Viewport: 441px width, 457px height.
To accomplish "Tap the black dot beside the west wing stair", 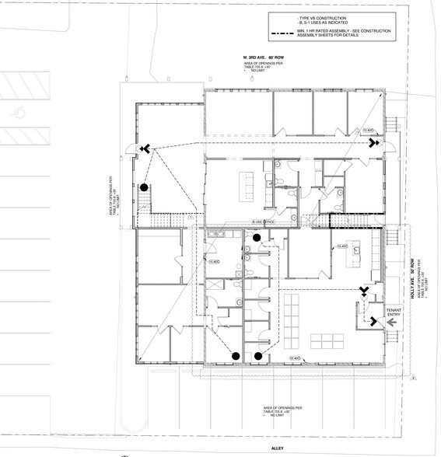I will [x=144, y=187].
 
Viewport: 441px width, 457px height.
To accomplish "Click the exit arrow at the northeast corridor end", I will [x=374, y=143].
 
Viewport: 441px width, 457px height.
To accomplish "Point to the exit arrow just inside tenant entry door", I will [x=363, y=291].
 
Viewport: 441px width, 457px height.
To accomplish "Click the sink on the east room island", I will [x=359, y=251].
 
